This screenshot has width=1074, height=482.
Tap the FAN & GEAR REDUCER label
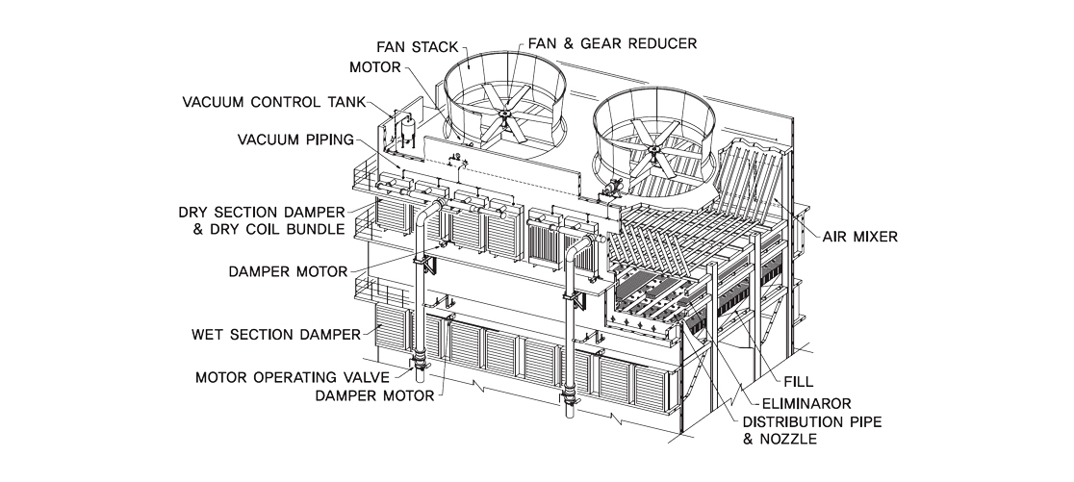[612, 43]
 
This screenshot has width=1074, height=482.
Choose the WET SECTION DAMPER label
[276, 335]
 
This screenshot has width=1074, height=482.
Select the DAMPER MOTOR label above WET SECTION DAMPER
[287, 271]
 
